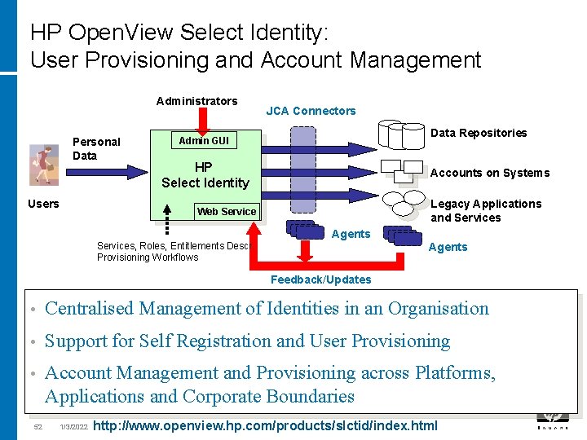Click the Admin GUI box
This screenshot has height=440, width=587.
(x=204, y=141)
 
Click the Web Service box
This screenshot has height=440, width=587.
(x=226, y=212)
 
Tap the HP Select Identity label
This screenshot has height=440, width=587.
(x=205, y=175)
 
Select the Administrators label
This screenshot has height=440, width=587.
(x=196, y=101)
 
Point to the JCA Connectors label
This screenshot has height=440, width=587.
(x=311, y=111)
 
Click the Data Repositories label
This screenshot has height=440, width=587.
(x=479, y=133)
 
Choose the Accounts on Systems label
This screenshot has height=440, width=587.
(x=489, y=173)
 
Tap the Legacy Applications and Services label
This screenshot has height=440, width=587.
(x=485, y=210)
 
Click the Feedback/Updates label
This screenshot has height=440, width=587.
(x=320, y=279)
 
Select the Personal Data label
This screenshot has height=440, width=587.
(x=95, y=148)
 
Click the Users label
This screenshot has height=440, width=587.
(x=43, y=204)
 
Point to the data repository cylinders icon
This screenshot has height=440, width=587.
(x=401, y=134)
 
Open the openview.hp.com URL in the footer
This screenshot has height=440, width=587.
(x=266, y=425)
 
